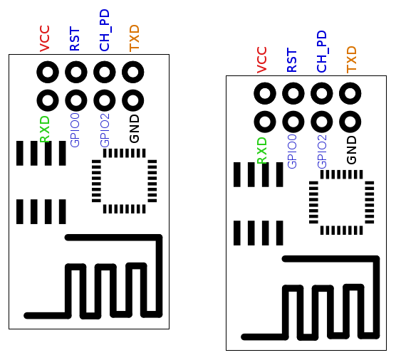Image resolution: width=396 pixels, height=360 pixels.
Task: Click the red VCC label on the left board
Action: tap(45, 38)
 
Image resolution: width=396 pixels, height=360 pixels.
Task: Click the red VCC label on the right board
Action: tap(262, 60)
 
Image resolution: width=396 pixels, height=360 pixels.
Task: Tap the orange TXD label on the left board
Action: tap(134, 38)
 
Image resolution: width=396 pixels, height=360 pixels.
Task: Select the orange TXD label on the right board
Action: tap(351, 60)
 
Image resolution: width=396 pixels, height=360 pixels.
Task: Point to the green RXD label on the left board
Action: tap(45, 129)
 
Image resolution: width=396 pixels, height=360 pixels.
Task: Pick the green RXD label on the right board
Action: tap(262, 151)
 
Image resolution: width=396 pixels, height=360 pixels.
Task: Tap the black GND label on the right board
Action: tap(351, 149)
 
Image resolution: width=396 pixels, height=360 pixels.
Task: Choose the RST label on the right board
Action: tap(292, 60)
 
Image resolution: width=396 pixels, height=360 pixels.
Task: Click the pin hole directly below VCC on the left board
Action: tap(48, 72)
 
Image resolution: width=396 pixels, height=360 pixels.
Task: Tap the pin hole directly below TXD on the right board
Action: tap(350, 93)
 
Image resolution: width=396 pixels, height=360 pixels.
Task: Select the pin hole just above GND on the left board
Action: tap(133, 99)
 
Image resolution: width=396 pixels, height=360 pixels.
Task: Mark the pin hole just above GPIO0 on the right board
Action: tap(293, 120)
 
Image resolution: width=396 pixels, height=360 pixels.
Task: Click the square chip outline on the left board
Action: tap(124, 181)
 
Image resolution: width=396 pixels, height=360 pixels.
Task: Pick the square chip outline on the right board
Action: tap(341, 202)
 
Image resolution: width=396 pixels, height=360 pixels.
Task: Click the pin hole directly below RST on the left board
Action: tap(76, 72)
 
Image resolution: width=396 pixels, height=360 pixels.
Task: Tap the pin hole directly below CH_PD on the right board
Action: tap(322, 93)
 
